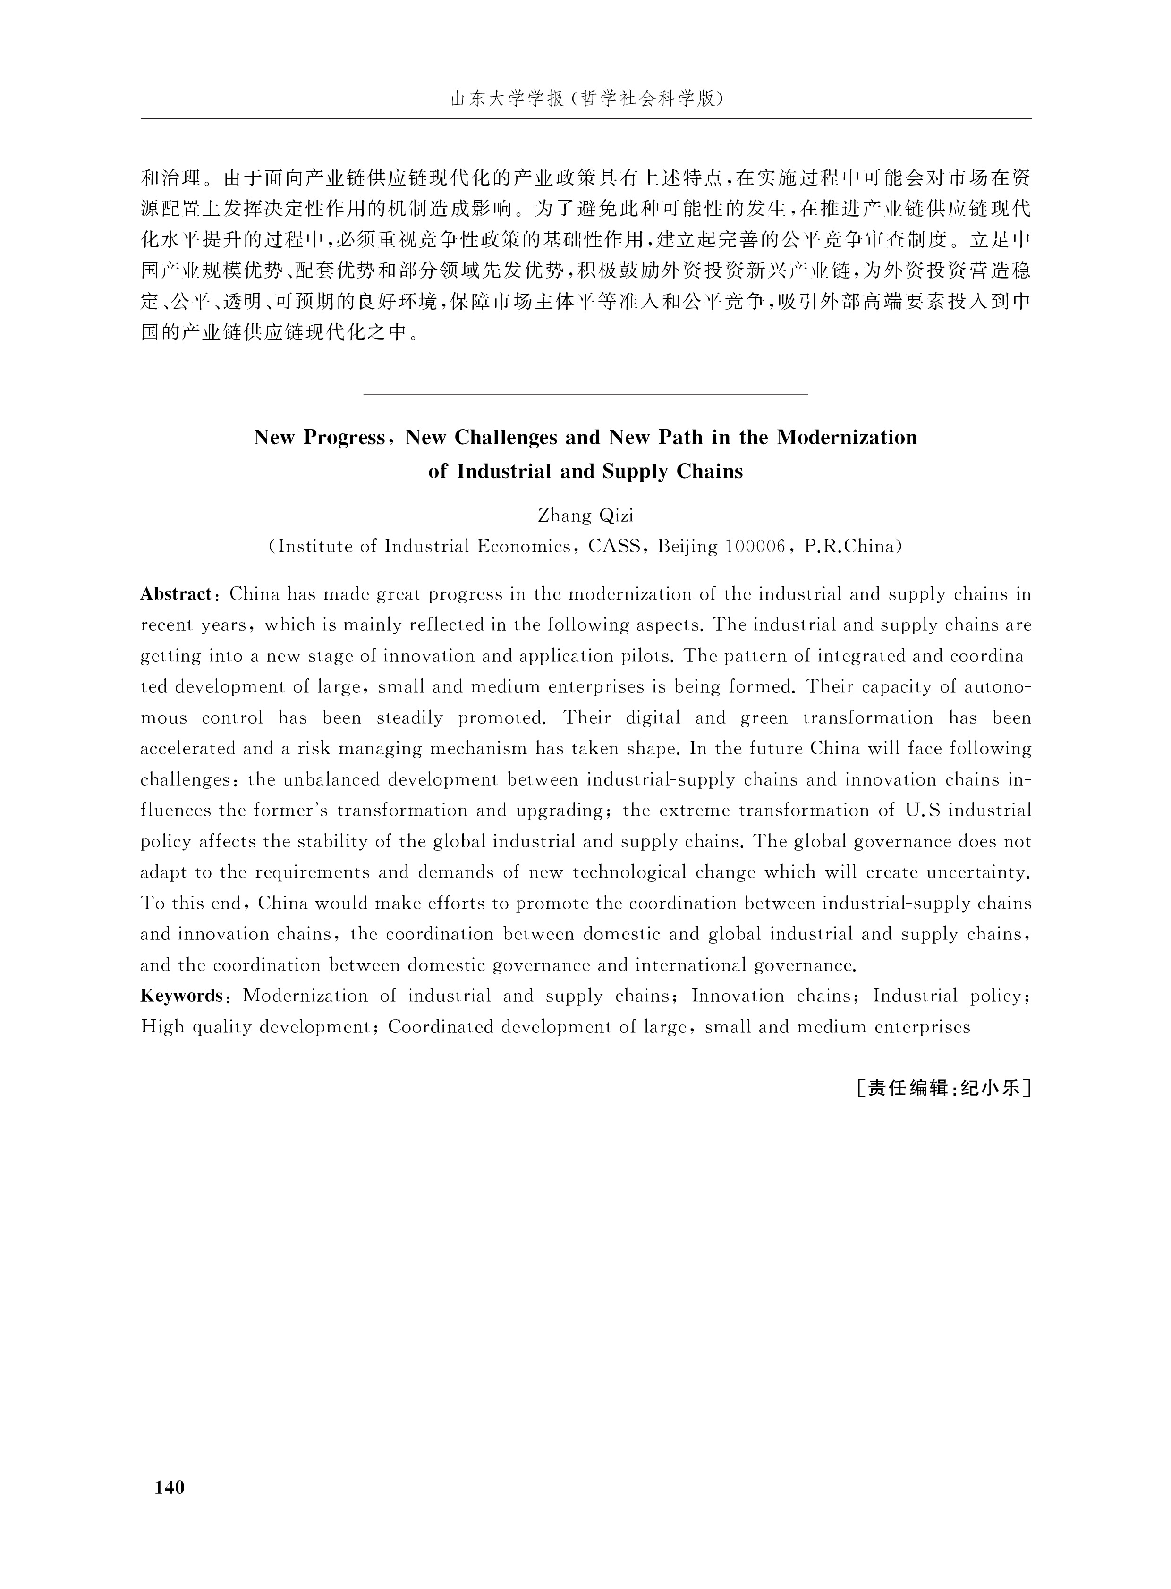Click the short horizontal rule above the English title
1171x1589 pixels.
click(585, 393)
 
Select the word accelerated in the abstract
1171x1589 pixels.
click(188, 748)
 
